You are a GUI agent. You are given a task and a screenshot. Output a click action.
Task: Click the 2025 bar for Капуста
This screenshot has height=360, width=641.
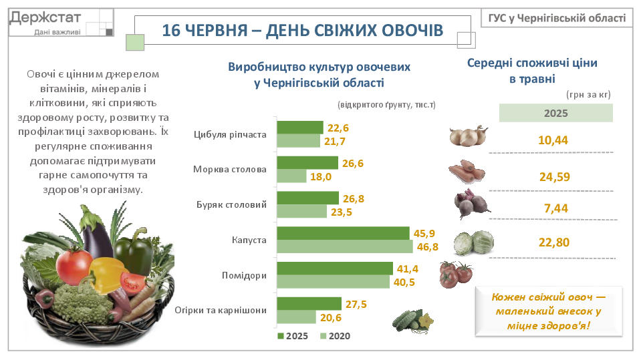343,233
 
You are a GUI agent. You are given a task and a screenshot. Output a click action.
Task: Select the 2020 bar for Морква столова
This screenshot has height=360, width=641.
291,176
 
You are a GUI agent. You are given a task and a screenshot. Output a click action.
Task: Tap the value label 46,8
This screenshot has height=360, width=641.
428,247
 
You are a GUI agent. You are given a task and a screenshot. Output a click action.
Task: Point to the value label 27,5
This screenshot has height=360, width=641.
356,304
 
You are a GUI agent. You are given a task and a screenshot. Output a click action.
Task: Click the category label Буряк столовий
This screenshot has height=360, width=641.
231,204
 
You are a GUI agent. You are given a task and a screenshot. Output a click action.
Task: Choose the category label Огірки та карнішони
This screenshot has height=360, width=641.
221,310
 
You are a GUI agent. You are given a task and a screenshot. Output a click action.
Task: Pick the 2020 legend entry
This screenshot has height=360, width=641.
336,336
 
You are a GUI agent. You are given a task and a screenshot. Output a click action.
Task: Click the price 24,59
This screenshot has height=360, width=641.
554,177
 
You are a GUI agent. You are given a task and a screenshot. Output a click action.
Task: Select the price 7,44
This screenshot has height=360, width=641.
556,208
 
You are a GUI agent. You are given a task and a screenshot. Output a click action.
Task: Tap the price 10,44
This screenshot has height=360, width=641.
553,140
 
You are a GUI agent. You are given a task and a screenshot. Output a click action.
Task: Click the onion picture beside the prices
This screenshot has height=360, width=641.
469,136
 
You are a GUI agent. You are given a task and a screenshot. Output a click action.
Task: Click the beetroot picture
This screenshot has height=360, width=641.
472,204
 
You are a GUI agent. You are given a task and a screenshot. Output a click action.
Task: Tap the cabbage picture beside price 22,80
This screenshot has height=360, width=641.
474,242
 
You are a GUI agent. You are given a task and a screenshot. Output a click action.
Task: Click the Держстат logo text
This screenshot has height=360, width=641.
45,18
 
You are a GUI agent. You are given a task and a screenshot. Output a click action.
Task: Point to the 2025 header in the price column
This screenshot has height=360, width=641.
555,113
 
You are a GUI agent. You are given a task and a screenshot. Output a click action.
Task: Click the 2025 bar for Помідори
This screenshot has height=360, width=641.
335,268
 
